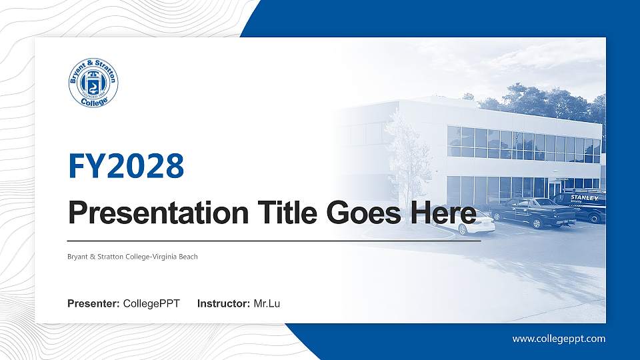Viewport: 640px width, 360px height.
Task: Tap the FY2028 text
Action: (x=126, y=166)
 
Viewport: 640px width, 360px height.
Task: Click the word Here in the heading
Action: (x=443, y=214)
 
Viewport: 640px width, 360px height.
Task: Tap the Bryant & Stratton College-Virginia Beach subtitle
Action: (x=133, y=257)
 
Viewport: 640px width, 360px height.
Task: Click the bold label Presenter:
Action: (x=94, y=304)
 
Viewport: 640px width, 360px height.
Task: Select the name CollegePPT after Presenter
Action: (x=151, y=304)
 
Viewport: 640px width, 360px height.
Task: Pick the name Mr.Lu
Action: (x=267, y=304)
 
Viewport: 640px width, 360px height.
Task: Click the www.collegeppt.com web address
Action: (x=559, y=339)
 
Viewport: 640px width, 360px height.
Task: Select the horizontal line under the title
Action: (x=274, y=240)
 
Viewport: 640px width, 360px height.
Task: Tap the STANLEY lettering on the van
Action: (x=585, y=197)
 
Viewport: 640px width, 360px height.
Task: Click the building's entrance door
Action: (x=555, y=189)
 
